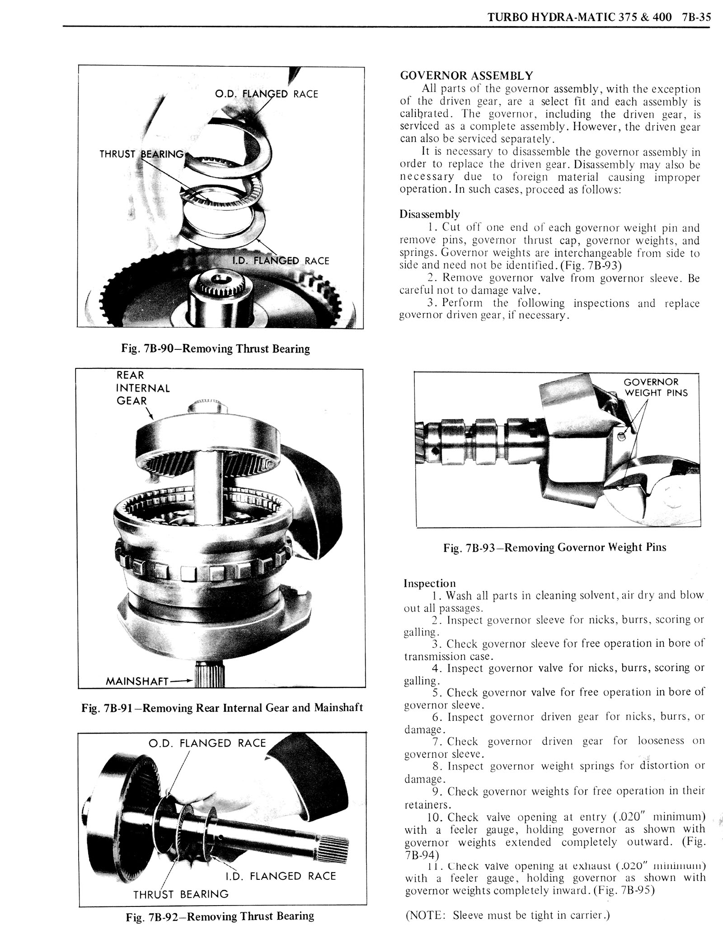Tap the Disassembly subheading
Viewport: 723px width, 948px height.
(429, 214)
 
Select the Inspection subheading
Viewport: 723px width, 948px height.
(429, 583)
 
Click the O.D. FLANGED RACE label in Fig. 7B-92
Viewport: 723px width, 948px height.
(207, 743)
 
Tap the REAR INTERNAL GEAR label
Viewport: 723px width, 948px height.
(143, 388)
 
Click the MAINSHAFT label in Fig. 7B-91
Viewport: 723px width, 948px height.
(136, 681)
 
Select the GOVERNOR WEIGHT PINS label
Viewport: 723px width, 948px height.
(656, 387)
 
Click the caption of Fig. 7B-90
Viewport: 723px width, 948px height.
(216, 349)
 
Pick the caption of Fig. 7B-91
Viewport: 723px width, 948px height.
(222, 707)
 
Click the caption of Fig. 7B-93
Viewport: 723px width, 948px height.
(555, 547)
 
